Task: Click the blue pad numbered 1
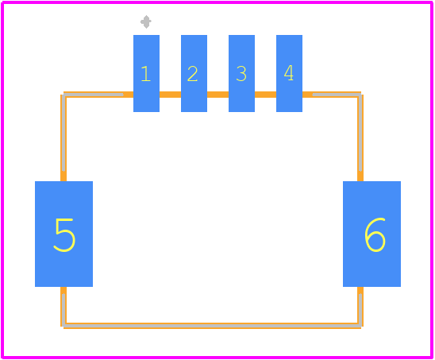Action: click(146, 73)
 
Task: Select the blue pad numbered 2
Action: click(194, 73)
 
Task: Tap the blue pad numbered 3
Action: click(241, 73)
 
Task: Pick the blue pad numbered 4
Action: click(289, 73)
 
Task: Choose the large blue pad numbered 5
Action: click(64, 234)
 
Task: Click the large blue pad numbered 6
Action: click(371, 234)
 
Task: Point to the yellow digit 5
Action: click(64, 235)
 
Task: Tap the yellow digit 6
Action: click(375, 234)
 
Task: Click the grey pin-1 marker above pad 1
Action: click(146, 21)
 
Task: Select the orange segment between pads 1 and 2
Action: click(171, 95)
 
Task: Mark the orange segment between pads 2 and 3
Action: click(217, 95)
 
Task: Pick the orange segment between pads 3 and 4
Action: click(265, 95)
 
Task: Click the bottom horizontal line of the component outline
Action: click(212, 326)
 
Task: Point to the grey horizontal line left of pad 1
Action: click(94, 95)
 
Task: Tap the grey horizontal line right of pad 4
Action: click(337, 95)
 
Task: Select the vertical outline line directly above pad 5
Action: click(64, 137)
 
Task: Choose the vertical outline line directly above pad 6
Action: click(360, 137)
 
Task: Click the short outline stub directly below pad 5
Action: click(64, 305)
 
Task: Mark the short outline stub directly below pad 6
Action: click(360, 305)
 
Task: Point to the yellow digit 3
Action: click(241, 74)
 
